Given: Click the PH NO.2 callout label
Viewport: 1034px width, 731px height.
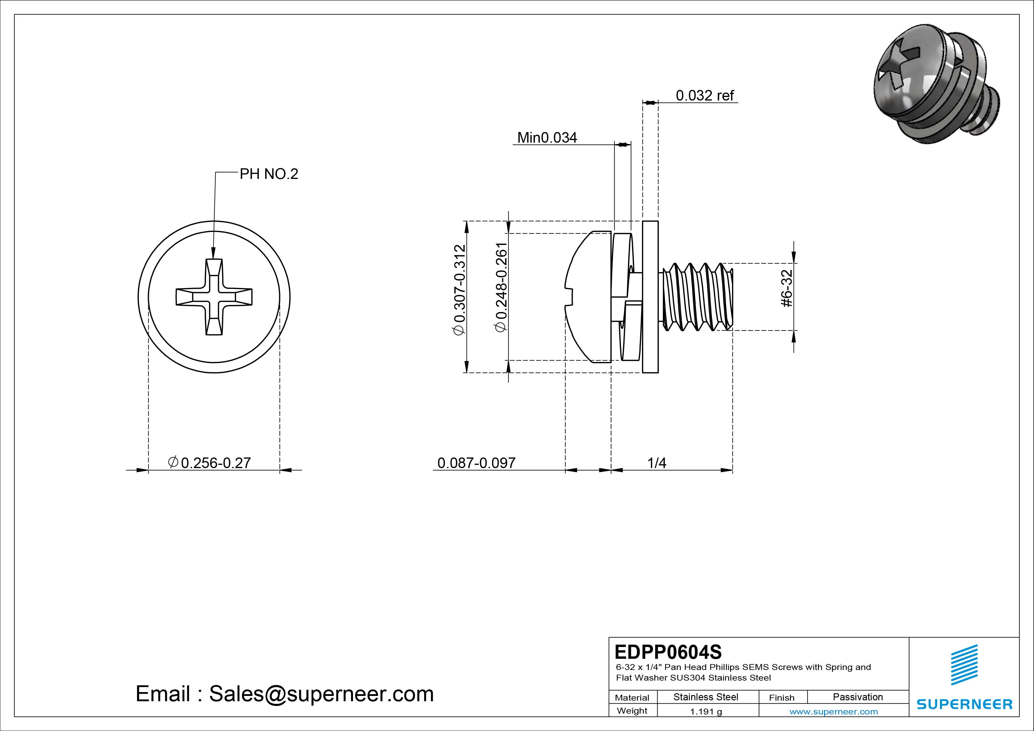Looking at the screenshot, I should coord(269,174).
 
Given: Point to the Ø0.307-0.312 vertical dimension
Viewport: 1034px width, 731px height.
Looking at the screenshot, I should coord(459,290).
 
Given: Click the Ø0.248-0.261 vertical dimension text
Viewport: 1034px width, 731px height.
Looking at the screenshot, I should coord(501,288).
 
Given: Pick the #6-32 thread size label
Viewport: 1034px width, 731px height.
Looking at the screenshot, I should coord(786,288).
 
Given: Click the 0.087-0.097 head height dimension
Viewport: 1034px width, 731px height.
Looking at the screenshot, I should coord(476,462).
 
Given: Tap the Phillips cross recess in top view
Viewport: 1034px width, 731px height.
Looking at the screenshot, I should coord(214,297).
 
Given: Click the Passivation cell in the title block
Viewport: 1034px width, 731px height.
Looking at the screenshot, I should coord(857,697).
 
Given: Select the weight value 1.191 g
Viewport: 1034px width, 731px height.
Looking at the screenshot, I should coord(706,712).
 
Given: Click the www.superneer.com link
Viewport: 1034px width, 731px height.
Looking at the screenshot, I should coord(834,712).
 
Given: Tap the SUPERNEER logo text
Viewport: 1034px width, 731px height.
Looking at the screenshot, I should coord(964,704).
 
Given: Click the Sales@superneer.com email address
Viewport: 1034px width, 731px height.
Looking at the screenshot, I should coord(321,694).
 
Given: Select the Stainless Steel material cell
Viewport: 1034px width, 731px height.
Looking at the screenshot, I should coord(706,697).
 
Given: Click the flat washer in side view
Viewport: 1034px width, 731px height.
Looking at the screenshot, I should coord(650,297).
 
